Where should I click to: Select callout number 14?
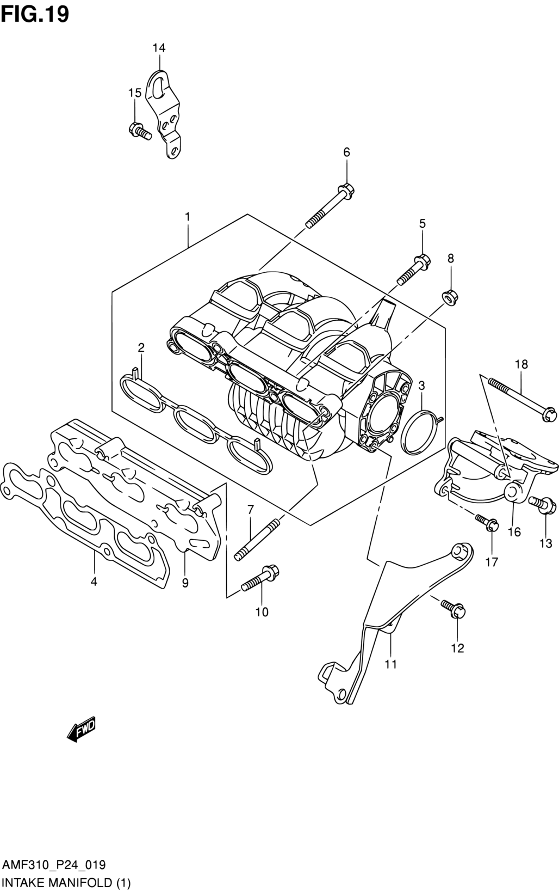click(159, 48)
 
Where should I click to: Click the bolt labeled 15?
click(140, 131)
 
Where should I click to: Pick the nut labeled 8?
click(450, 298)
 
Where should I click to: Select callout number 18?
click(521, 364)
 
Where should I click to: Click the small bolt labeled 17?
click(486, 523)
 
